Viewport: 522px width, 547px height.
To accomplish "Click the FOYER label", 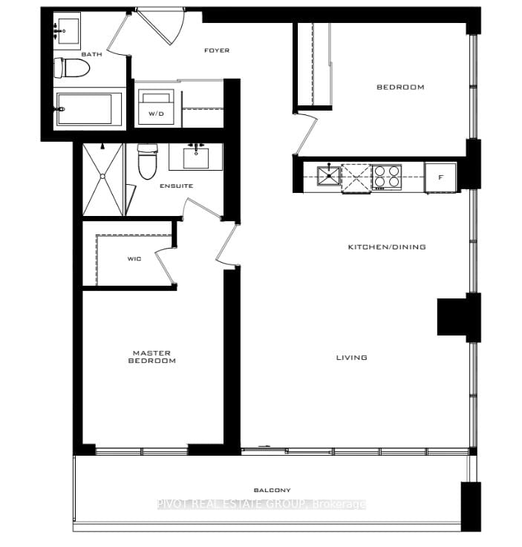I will (x=217, y=50).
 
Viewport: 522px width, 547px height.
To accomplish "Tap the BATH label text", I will (x=71, y=54).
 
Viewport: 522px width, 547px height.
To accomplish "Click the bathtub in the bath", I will (x=88, y=108).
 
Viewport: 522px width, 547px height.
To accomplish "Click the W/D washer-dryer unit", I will (x=157, y=108).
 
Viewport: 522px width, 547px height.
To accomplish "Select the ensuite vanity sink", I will (x=196, y=157).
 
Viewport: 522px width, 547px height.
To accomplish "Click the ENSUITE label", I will (x=176, y=186).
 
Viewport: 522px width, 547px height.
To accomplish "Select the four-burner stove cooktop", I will (x=386, y=177).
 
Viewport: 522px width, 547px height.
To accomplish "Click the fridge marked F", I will (x=440, y=178).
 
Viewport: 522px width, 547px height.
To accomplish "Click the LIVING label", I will (x=351, y=358).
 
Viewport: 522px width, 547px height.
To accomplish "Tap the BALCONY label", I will (x=272, y=490).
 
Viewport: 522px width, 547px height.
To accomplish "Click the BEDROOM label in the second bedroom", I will (x=400, y=87).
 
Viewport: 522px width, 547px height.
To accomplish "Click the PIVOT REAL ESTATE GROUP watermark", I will (x=261, y=504).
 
